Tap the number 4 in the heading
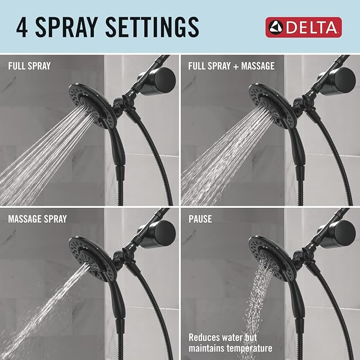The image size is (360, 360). pos(22,27)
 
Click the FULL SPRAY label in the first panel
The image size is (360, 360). pos(30,66)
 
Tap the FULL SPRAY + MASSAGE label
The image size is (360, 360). pos(231,66)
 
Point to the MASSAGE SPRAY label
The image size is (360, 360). pos(37,218)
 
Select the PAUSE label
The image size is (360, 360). pos(200,218)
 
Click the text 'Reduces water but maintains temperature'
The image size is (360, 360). pos(230,343)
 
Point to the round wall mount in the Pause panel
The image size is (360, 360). pos(341,231)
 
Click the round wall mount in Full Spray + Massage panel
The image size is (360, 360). pos(341,78)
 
